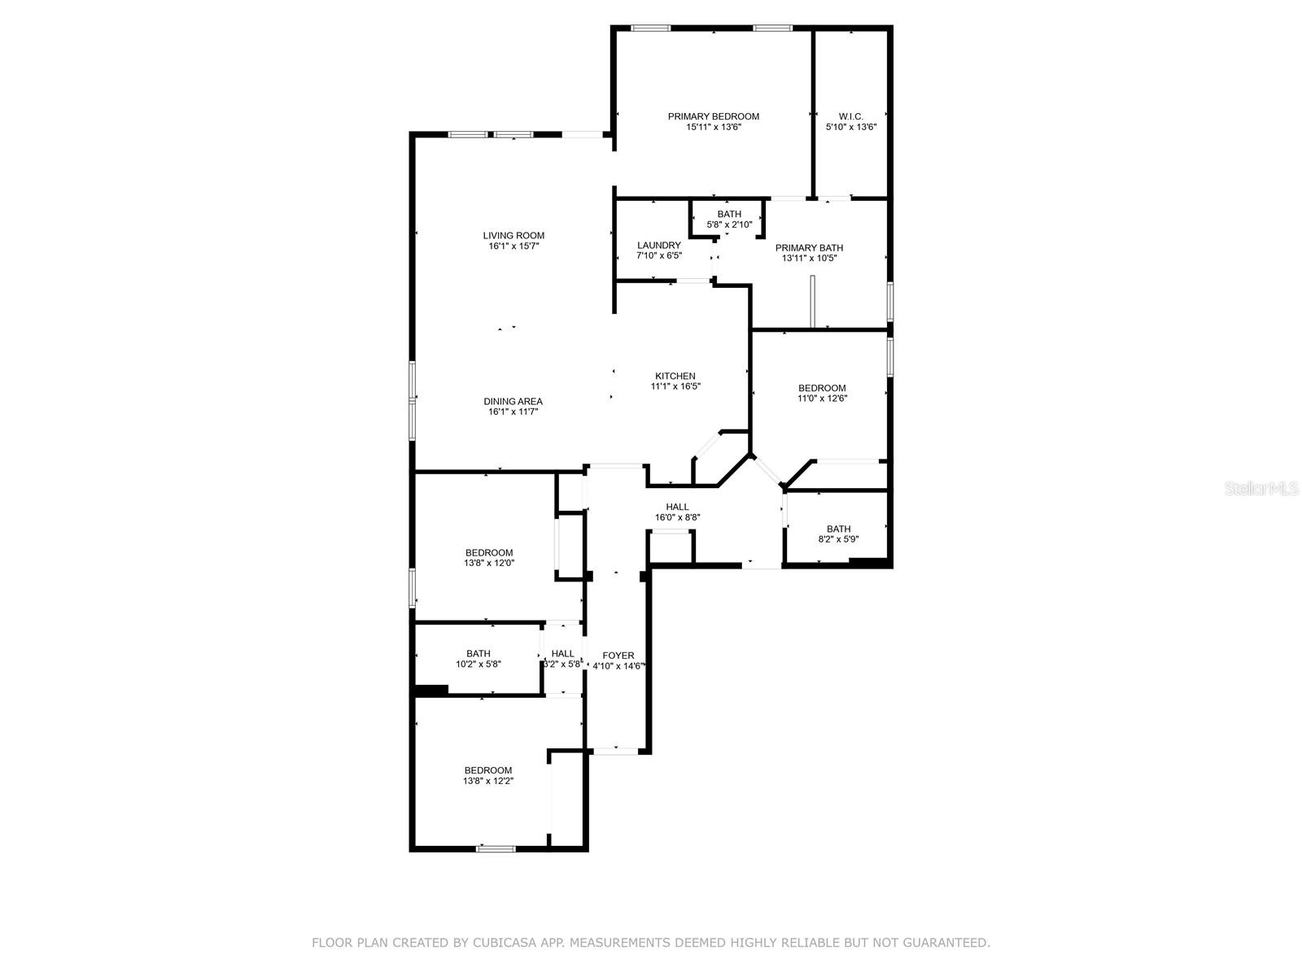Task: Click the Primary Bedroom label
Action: pos(713,117)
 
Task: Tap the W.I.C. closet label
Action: pos(850,117)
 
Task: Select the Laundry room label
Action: pos(658,246)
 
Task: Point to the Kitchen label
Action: pos(675,376)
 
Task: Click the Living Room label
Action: pos(513,235)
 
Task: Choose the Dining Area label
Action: pos(513,401)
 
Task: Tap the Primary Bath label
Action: pos(809,248)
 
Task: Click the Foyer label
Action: pos(618,656)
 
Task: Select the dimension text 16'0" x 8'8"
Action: pos(677,517)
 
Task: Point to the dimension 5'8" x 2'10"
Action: pos(729,224)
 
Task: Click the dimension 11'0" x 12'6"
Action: pos(822,399)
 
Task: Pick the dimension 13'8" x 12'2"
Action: pos(488,781)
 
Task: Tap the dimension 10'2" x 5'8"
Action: pos(478,664)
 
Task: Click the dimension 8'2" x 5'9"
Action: pos(838,539)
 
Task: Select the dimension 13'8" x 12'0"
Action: pos(489,563)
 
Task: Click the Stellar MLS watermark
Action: pos(1261,488)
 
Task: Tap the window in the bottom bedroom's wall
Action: pos(496,848)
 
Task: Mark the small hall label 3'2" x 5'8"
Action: pos(562,664)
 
